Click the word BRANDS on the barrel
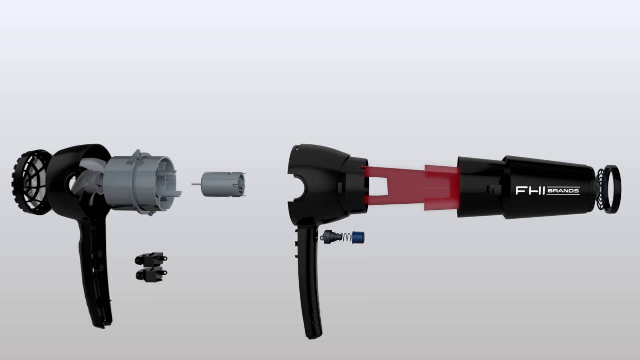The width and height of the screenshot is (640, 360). [563, 190]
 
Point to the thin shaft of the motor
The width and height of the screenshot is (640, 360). [196, 184]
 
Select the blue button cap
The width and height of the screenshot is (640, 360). [358, 237]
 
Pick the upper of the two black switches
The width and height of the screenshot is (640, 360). [150, 258]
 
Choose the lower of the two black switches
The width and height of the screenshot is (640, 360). [150, 274]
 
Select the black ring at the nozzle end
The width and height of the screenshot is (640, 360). [612, 189]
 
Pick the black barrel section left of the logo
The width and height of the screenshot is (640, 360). [480, 187]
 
